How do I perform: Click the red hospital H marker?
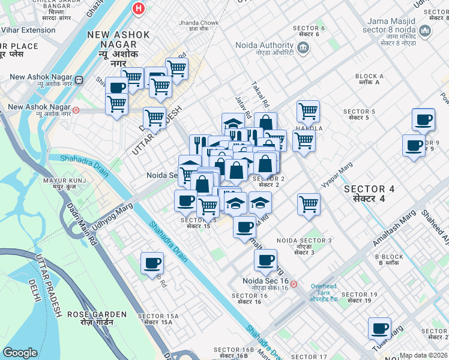139,9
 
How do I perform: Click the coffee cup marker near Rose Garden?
152,263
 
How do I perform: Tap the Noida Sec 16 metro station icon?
294,284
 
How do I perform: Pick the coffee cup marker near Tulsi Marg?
379,328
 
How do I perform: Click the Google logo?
20,353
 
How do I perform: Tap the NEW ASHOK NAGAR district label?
118,35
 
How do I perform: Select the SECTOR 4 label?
369,189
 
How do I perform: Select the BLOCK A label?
369,76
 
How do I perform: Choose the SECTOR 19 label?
359,294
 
